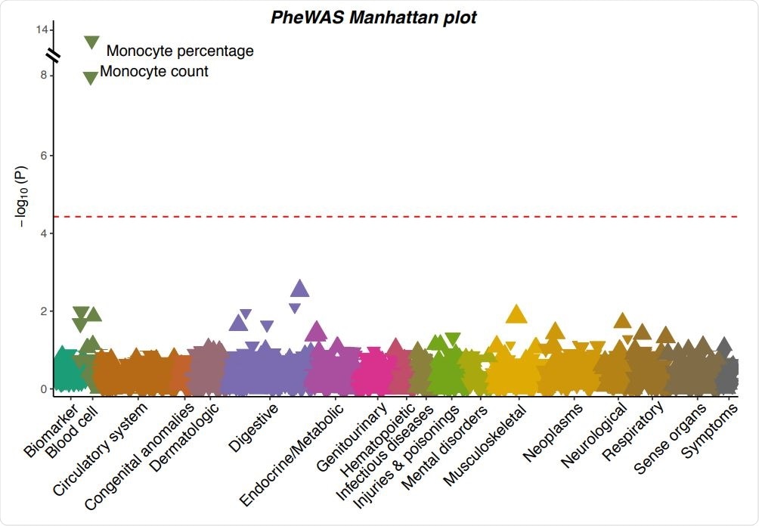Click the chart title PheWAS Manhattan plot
(373, 17)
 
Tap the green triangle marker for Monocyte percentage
(91, 42)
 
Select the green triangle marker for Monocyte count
(90, 77)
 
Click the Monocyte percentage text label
(180, 51)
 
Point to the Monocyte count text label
(154, 72)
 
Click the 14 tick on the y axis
(40, 29)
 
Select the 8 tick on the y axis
(43, 76)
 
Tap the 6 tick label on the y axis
(43, 156)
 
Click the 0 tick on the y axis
(43, 389)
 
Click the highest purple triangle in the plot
(300, 288)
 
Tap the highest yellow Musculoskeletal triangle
(516, 314)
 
